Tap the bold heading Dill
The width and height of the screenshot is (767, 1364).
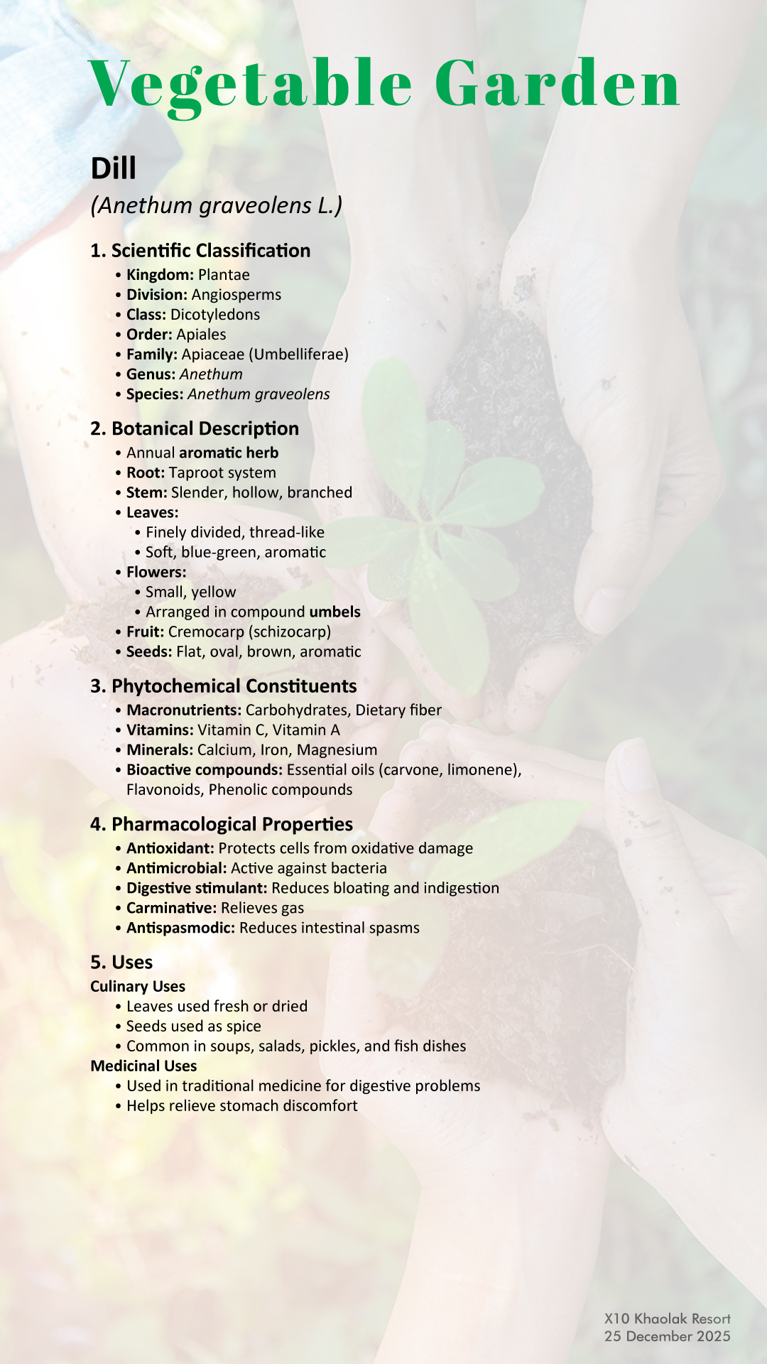(114, 169)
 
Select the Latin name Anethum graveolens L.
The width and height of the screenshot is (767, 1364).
(217, 205)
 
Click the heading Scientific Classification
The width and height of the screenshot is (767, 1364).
(200, 251)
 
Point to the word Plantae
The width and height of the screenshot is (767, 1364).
(224, 275)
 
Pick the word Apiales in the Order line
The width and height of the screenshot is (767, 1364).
(201, 335)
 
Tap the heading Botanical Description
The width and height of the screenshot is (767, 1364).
(195, 429)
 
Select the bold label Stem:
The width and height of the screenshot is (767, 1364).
(146, 492)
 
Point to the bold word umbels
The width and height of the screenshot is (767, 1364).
(334, 612)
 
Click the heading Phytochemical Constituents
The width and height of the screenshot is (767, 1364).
(223, 686)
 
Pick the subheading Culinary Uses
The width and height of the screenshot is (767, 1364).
(138, 987)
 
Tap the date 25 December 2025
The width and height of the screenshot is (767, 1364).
(667, 1336)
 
